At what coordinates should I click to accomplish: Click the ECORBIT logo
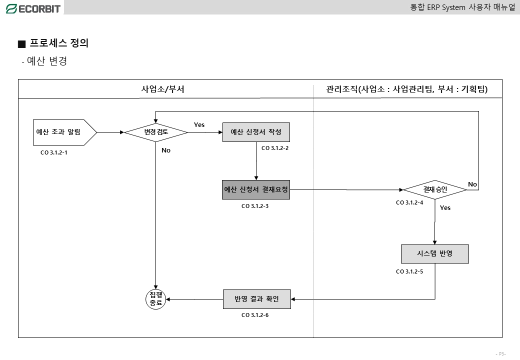[x=33, y=8]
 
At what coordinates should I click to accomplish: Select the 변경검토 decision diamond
[x=156, y=132]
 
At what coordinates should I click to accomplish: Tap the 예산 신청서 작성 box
[x=256, y=132]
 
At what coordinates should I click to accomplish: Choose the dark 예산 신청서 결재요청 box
[x=256, y=189]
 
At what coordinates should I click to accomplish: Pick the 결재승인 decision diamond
[x=434, y=190]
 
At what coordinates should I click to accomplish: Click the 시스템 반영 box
[x=434, y=253]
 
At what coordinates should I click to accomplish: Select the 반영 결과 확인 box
[x=256, y=299]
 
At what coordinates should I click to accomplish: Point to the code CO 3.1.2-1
[x=53, y=153]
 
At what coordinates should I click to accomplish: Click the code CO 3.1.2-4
[x=409, y=202]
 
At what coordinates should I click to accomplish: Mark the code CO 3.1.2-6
[x=255, y=315]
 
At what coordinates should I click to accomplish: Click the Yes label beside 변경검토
[x=199, y=125]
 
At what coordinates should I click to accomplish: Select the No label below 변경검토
[x=166, y=150]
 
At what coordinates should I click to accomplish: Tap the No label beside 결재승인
[x=472, y=184]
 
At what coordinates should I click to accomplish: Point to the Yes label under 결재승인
[x=445, y=207]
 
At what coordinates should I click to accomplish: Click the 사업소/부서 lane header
[x=163, y=89]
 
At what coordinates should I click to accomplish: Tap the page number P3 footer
[x=500, y=354]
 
